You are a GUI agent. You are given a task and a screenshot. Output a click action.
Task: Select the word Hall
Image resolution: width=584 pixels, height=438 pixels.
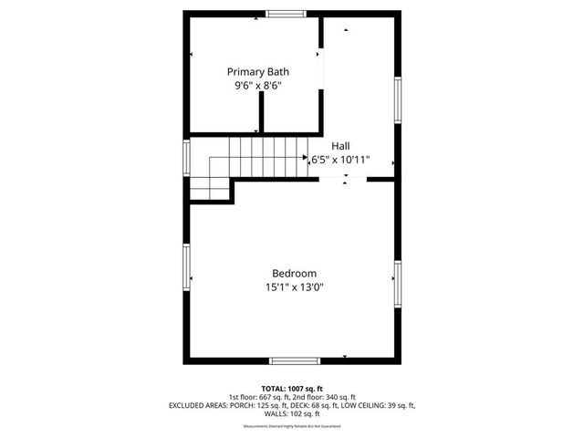(x=340, y=145)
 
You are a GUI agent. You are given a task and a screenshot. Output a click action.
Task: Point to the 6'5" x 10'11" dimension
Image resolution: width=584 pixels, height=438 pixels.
(x=340, y=159)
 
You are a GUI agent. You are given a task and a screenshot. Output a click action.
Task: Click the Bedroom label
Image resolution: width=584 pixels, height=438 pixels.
(x=294, y=273)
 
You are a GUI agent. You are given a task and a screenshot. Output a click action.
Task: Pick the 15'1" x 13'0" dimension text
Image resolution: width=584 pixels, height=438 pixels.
(x=294, y=287)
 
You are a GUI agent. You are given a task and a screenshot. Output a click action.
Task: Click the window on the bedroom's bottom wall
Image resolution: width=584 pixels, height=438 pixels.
(x=294, y=360)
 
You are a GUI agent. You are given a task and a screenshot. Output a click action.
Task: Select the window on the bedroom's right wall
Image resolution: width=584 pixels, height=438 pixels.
(x=397, y=283)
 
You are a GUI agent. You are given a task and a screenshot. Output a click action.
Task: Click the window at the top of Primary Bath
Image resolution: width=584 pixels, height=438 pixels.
(x=286, y=13)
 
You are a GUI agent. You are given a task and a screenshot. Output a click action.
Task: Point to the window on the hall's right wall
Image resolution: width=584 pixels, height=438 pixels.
(x=397, y=99)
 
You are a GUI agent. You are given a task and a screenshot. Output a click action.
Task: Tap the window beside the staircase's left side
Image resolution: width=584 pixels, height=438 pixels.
(x=186, y=156)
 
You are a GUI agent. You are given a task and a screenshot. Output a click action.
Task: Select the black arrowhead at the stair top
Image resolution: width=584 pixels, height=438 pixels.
(x=306, y=157)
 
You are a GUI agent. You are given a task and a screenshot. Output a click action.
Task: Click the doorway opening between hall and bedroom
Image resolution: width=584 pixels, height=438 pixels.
(x=345, y=180)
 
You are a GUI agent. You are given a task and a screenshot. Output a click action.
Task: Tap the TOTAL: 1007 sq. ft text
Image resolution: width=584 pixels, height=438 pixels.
(x=292, y=388)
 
